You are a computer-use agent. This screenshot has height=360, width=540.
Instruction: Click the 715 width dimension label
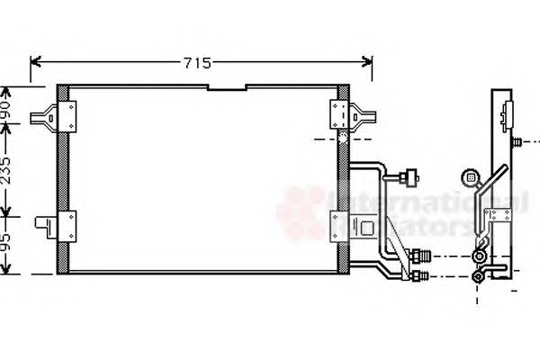pyautogui.click(x=197, y=63)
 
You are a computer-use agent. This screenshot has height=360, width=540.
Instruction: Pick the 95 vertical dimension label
pyautogui.click(x=8, y=244)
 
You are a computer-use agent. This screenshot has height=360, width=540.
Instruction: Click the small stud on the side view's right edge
pyautogui.click(x=520, y=141)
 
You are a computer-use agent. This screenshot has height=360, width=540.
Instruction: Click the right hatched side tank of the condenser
pyautogui.click(x=344, y=180)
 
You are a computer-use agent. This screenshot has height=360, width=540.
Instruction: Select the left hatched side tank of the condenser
pyautogui.click(x=63, y=180)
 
